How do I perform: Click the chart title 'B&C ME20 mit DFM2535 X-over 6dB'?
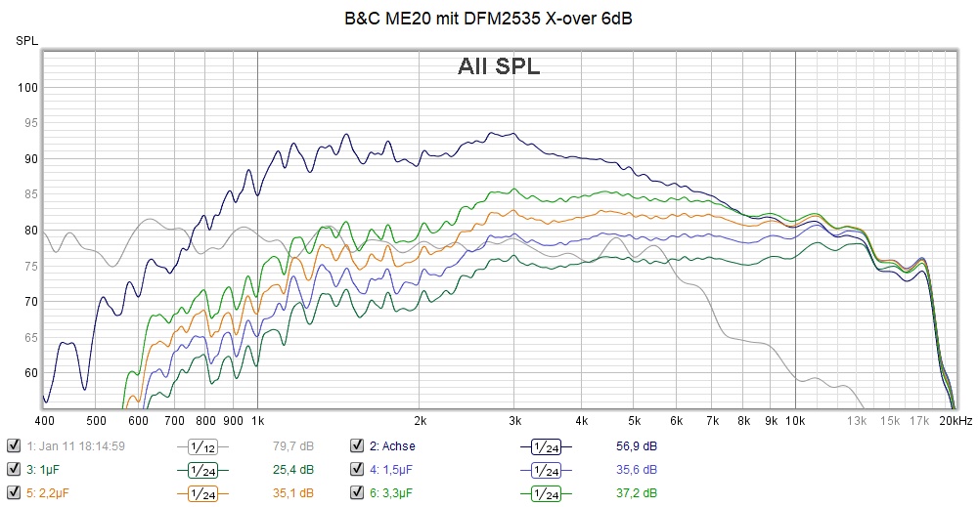coord(488,19)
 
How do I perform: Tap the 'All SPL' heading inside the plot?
coord(499,66)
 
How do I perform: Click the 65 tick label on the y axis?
coord(29,337)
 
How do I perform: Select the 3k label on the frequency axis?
coord(515,420)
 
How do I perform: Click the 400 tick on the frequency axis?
coord(44,420)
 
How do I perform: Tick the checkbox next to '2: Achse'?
coord(356,446)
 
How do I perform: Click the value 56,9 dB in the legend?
coord(637,446)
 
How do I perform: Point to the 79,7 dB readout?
coord(292,446)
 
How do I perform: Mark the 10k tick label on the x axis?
coord(795,420)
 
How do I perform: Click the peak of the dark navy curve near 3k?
coord(512,133)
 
